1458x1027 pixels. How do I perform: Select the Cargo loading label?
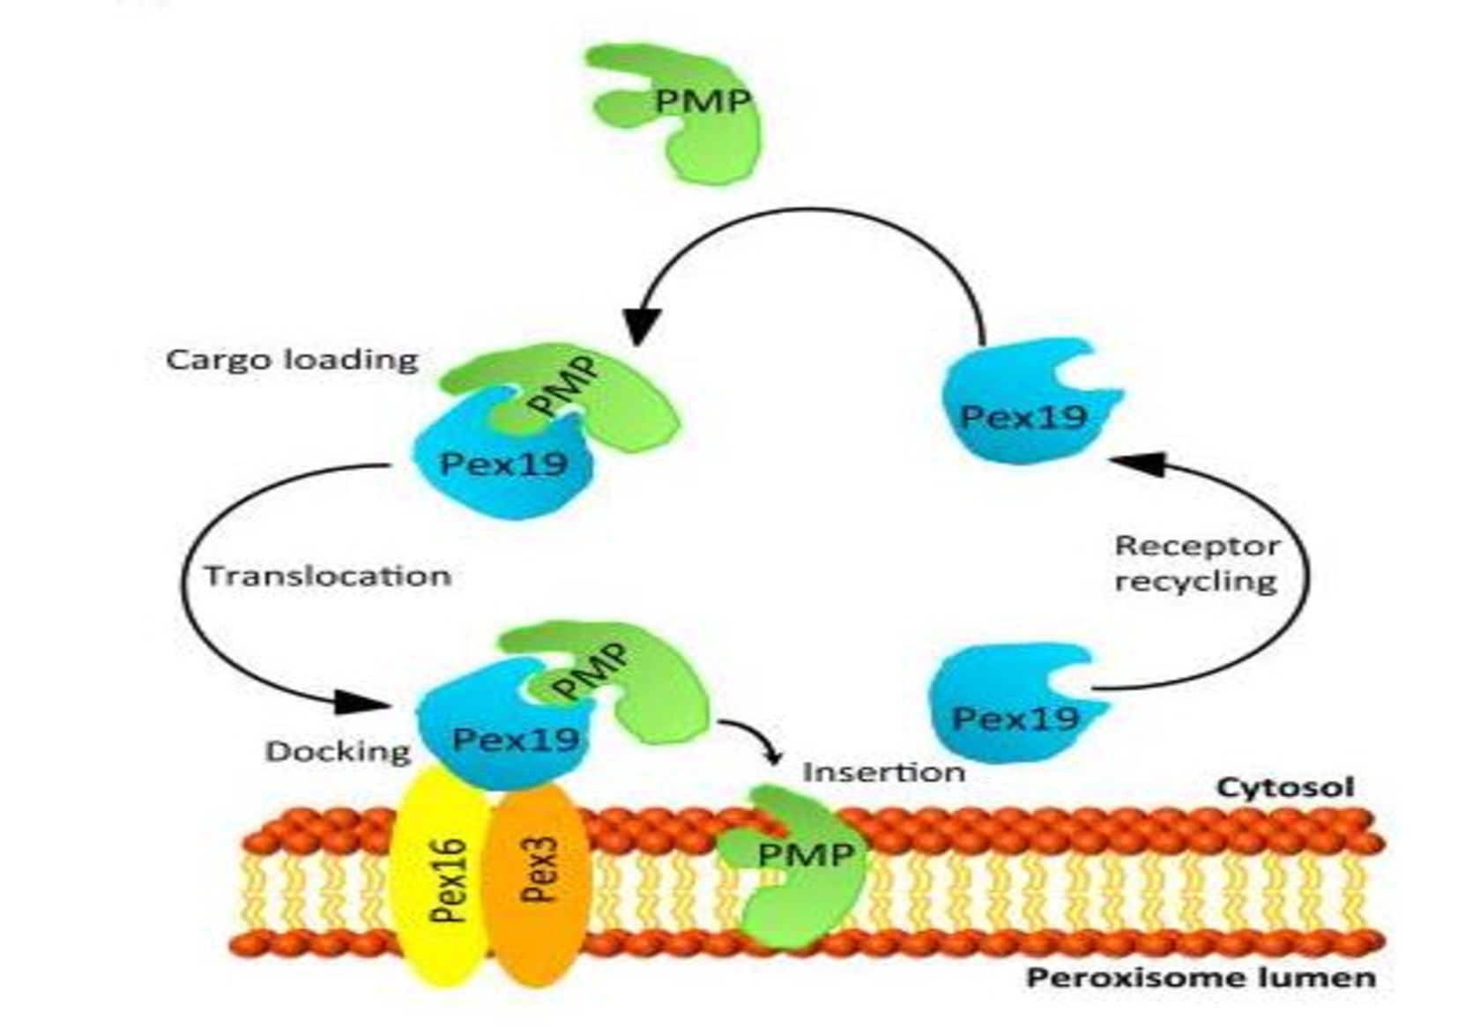point(292,360)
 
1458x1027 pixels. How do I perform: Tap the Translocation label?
point(328,576)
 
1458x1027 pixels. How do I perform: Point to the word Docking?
point(338,751)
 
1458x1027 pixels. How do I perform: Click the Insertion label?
point(884,772)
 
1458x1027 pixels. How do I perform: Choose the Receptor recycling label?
point(1197,563)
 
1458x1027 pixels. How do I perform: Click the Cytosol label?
point(1285,786)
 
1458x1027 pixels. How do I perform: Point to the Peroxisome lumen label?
point(1201,978)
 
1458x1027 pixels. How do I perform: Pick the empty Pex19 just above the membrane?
point(1014,710)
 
